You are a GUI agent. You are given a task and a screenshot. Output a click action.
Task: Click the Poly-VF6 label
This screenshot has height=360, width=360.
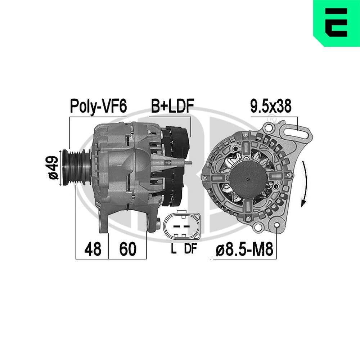click(98, 106)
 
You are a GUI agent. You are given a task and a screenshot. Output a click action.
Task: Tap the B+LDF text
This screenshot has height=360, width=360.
click(172, 106)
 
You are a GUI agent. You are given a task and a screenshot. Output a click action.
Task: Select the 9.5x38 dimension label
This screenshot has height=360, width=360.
click(271, 106)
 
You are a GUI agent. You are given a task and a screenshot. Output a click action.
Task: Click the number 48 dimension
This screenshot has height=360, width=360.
click(93, 249)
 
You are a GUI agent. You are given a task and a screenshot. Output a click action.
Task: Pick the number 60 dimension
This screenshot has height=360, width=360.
click(128, 249)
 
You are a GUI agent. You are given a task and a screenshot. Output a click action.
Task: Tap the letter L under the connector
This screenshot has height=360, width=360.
click(174, 249)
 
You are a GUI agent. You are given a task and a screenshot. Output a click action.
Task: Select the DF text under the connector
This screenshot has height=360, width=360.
click(190, 249)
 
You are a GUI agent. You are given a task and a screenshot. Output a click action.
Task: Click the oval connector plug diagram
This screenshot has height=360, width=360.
click(182, 226)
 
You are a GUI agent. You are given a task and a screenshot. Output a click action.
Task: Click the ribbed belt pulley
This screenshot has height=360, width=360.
click(76, 167)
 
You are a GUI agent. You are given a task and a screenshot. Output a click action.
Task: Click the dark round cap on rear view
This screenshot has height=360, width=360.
click(248, 179)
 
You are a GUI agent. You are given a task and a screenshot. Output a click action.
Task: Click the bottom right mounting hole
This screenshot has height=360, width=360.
click(276, 226)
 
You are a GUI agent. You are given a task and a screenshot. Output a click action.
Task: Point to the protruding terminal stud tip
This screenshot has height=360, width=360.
click(190, 163)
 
